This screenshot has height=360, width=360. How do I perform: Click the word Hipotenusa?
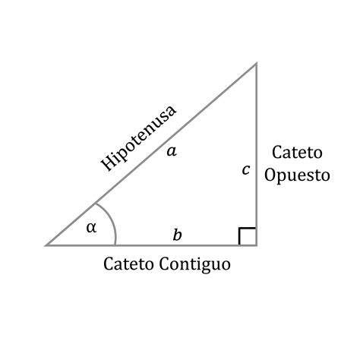pos(138,138)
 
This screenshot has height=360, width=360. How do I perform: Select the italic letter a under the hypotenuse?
pos(172,151)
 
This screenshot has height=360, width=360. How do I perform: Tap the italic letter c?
pos(246,169)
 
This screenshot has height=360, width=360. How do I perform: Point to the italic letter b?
pos(177,235)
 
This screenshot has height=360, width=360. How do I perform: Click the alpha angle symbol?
pos(91,228)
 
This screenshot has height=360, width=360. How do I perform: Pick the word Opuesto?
pos(297,175)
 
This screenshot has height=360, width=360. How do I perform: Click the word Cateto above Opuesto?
pos(297,153)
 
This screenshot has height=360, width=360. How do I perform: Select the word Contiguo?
pos(195,264)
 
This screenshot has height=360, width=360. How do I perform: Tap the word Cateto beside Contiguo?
pos(128,264)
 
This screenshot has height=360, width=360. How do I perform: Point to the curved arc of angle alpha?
pos(110,219)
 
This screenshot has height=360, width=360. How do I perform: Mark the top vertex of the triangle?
pos(257,63)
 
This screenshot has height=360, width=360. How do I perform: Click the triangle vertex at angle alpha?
pos(46,245)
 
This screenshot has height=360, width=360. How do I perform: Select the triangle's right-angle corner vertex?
pos(257,245)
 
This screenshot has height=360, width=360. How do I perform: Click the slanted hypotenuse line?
pos(151,154)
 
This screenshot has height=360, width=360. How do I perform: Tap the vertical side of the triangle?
pos(257,154)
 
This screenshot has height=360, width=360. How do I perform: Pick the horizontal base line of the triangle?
pos(151,245)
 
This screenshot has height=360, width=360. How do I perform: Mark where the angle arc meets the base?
pos(115,245)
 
